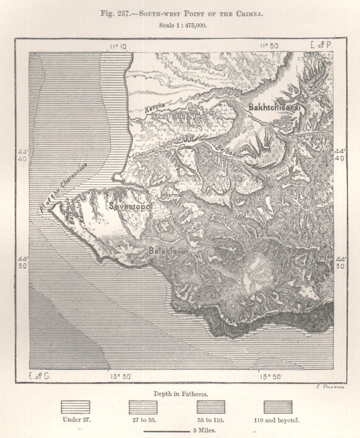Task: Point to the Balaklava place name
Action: click(x=167, y=251)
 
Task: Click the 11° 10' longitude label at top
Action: click(x=118, y=46)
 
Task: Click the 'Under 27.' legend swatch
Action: click(x=75, y=407)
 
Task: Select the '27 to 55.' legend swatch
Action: click(x=143, y=407)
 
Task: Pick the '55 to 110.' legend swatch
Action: click(x=211, y=407)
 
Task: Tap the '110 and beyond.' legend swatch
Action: click(x=278, y=407)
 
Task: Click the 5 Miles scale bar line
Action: click(x=167, y=431)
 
